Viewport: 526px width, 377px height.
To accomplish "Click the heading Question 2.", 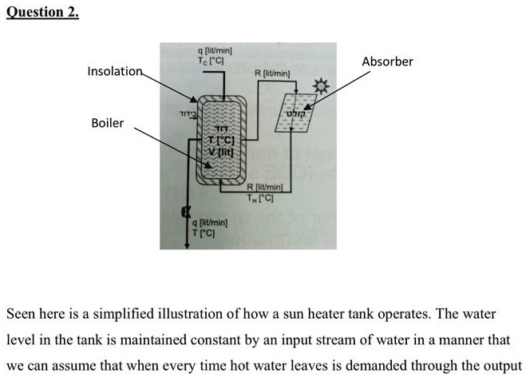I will pos(42,14).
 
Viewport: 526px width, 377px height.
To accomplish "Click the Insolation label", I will pos(114,71).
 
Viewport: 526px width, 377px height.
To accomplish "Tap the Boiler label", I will pos(107,123).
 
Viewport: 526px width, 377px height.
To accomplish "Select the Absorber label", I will pos(387,61).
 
